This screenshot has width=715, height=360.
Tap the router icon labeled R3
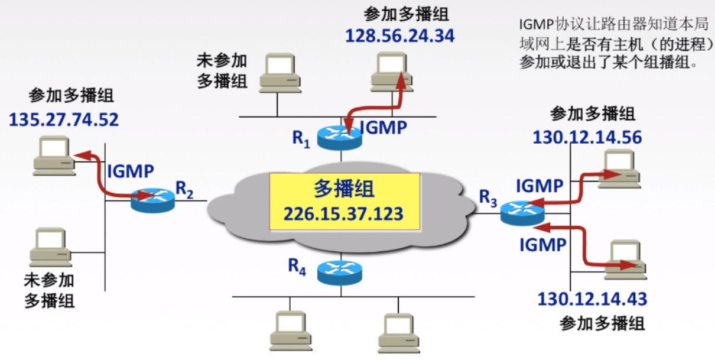point(522,212)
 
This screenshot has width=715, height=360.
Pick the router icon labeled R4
point(339,272)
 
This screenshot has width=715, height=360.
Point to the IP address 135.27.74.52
point(64,120)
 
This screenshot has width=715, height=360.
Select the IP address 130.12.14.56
point(587,137)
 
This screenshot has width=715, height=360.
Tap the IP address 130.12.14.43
point(592,299)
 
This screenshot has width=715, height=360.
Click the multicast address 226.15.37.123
point(344,213)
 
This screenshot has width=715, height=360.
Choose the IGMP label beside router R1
point(383,127)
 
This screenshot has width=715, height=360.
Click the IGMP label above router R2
point(131,171)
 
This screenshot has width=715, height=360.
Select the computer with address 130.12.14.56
point(619,169)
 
